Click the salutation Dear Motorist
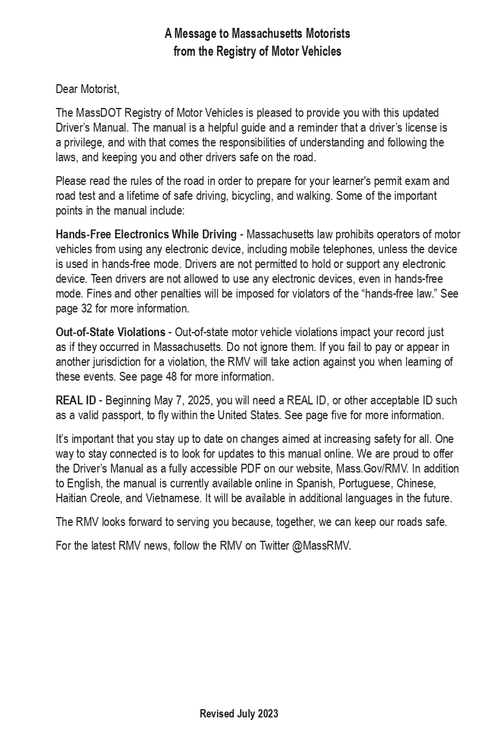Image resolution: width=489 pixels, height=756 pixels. click(x=87, y=89)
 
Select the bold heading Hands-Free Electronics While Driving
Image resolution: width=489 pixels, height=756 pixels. click(x=146, y=234)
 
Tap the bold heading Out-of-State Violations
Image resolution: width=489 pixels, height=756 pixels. click(x=110, y=332)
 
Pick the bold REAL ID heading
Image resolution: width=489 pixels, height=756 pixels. click(x=76, y=400)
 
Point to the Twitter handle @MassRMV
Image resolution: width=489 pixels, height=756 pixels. click(x=321, y=546)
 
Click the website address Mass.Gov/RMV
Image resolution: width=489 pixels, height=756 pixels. click(x=372, y=468)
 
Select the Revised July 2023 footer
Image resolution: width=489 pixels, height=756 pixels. click(x=239, y=713)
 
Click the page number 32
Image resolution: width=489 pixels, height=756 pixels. click(x=86, y=308)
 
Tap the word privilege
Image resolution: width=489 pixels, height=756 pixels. click(x=82, y=142)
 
